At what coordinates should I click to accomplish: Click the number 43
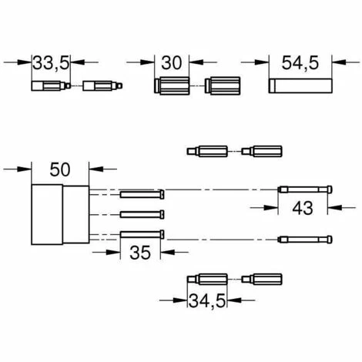click(303, 207)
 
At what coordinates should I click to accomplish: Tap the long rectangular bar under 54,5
click(300, 85)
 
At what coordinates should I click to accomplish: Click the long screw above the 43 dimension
click(304, 189)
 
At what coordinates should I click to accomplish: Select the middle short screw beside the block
click(142, 213)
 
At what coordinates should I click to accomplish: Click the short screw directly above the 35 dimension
click(142, 234)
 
